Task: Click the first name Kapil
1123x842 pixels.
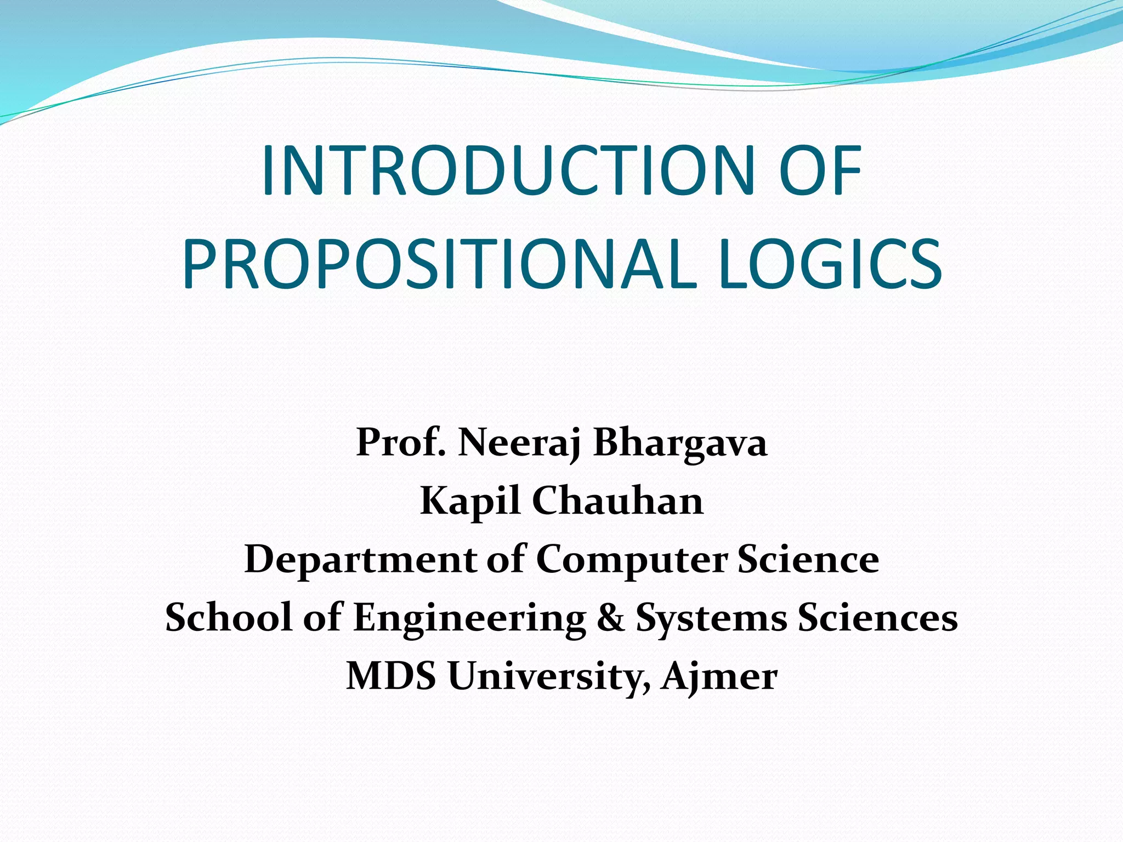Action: click(469, 502)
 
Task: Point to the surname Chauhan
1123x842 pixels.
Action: click(617, 501)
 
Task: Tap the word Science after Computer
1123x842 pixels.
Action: click(808, 559)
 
